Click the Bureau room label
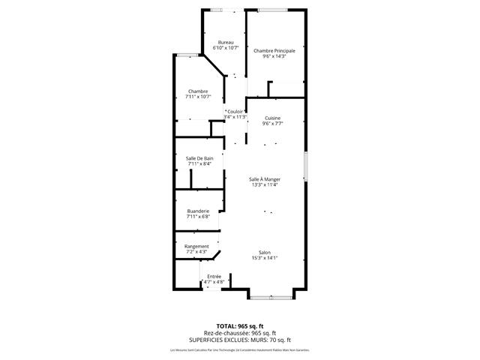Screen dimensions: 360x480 (x=226, y=42)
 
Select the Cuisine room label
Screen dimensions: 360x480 (x=272, y=118)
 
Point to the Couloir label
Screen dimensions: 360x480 (x=236, y=112)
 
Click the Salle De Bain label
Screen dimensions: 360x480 (x=199, y=157)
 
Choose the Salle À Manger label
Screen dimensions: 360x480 (x=265, y=178)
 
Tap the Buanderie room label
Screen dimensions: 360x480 (x=199, y=211)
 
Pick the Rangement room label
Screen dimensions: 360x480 (x=196, y=246)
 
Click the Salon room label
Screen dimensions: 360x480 (x=265, y=252)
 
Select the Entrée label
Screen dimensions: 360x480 (x=214, y=277)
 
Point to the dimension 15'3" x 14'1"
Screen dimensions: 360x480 (x=265, y=258)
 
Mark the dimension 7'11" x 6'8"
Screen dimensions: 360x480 (x=199, y=217)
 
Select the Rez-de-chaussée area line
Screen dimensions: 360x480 (x=240, y=333)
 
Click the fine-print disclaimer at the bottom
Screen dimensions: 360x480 (x=240, y=349)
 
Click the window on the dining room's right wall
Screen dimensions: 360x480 (x=305, y=165)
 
